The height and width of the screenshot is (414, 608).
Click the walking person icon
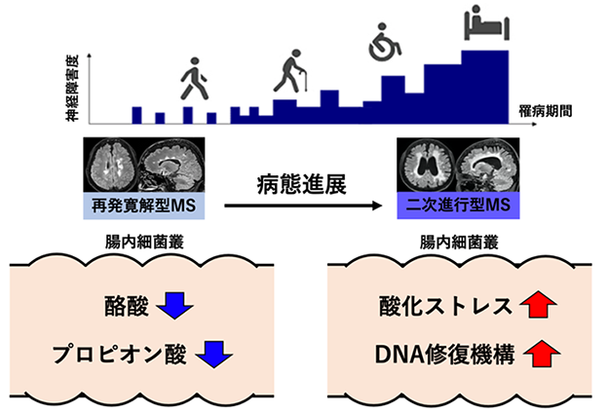pos(194,79)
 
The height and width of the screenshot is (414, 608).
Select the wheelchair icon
pos(384,42)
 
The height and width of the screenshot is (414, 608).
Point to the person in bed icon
pos(486,22)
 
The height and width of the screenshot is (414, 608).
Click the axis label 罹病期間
pos(546,111)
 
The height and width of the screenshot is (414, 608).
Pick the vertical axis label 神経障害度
pos(72,88)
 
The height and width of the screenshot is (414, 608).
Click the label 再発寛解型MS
pos(144,206)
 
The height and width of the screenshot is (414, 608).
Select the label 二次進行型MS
pos(458,205)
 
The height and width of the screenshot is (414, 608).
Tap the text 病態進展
pos(301,184)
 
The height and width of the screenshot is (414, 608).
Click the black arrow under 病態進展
pos(303,206)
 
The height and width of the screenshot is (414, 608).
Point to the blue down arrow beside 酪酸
pos(174,306)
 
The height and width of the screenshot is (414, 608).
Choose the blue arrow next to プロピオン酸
pos(214,355)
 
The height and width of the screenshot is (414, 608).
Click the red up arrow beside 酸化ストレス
pos(538,304)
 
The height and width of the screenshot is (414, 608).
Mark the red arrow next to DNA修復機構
pos(542,354)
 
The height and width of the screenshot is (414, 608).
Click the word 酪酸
pos(127,306)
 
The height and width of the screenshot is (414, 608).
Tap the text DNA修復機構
pos(444,355)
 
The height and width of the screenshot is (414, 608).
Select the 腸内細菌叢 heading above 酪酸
pos(144,243)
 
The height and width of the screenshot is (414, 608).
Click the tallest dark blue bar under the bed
pos(484,88)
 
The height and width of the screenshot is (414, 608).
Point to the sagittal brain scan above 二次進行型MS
pos(488,166)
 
